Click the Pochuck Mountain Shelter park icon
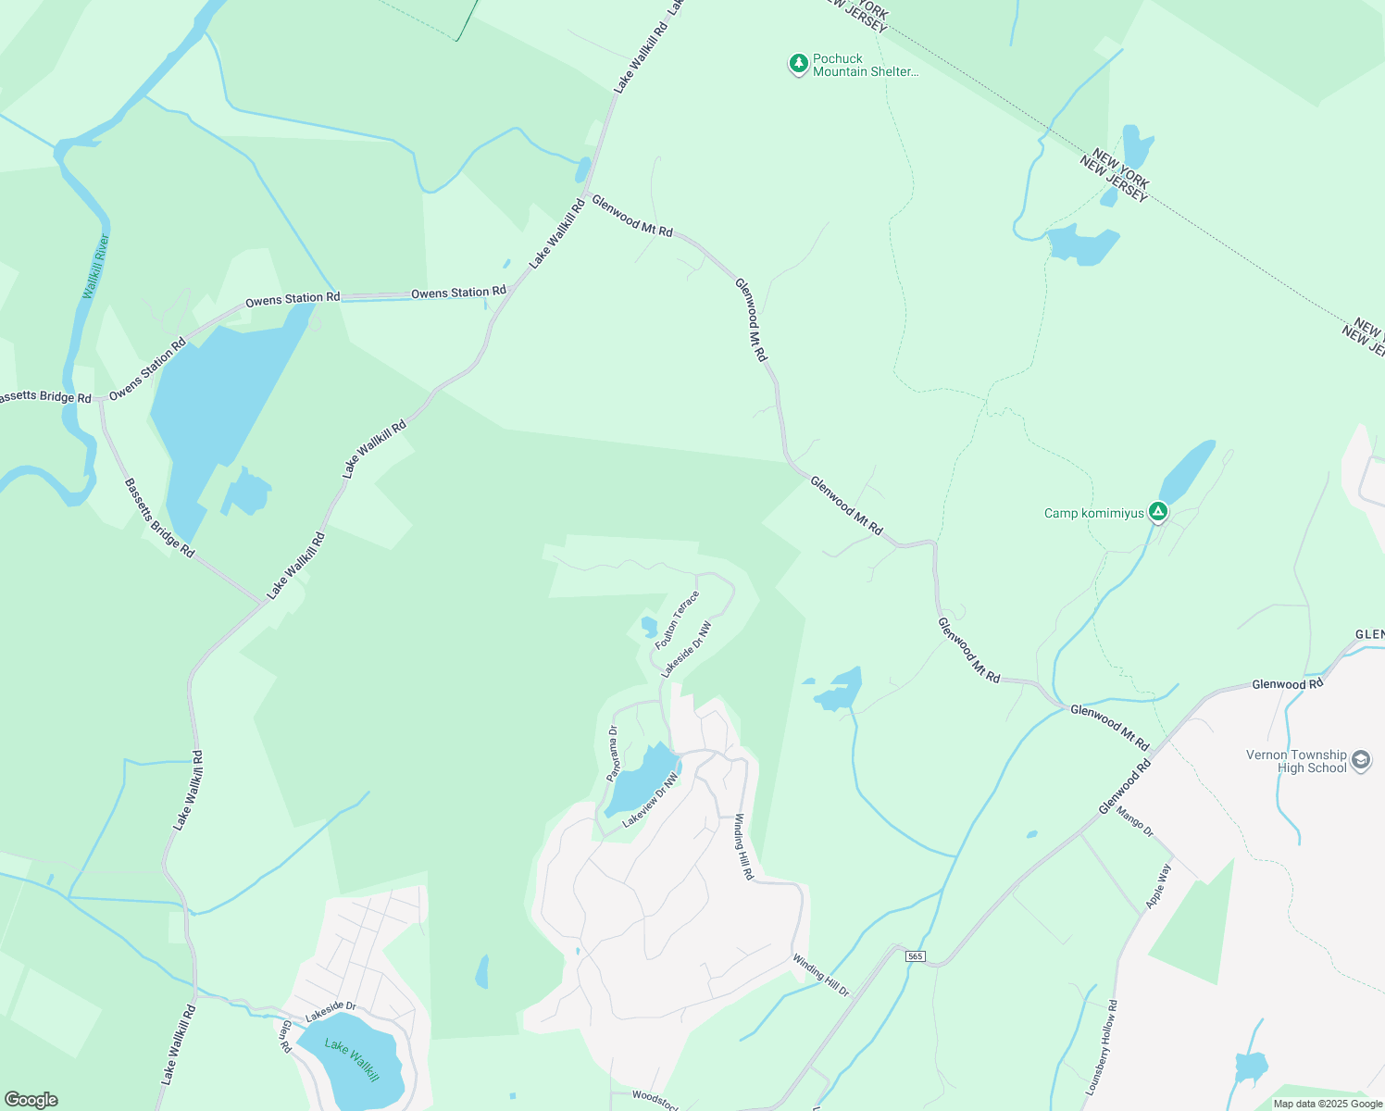coord(798,64)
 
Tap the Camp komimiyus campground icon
coord(1157,511)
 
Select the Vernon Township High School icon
coord(1360,760)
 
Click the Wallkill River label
coord(95,267)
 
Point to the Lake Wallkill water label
coord(352,1059)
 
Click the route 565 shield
coord(915,955)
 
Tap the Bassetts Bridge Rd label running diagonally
coord(159,518)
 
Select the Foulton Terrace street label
coord(677,619)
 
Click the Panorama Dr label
coord(612,754)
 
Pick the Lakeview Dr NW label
coord(651,800)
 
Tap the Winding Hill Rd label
coord(744,846)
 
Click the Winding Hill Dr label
coord(820,976)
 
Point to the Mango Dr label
coord(1135,821)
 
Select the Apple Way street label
coord(1158,885)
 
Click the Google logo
coord(31,1100)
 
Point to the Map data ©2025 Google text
coord(1327,1104)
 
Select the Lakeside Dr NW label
coord(687,648)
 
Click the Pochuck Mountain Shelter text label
coord(865,65)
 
